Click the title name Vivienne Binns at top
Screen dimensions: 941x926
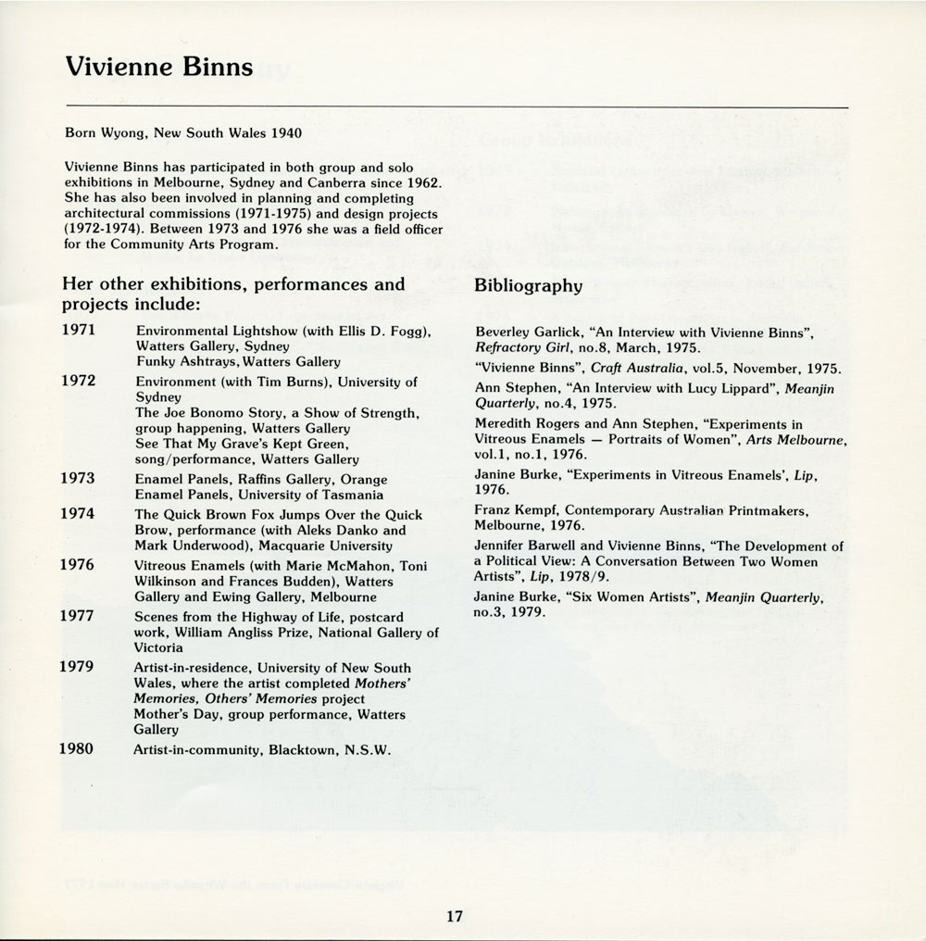[158, 69]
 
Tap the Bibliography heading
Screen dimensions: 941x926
[528, 286]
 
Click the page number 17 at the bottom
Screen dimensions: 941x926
[453, 917]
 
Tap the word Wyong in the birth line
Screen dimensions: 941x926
[122, 132]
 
